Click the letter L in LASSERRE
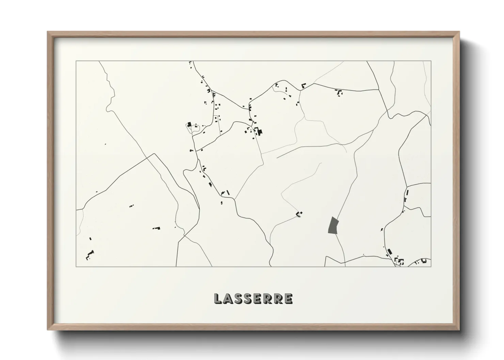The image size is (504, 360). click(218, 298)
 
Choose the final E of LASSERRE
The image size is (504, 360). click(288, 298)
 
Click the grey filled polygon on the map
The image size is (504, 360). click(332, 225)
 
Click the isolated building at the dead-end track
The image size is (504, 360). click(299, 214)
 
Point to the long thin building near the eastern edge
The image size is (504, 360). click(407, 193)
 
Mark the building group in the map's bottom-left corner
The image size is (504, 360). click(90, 254)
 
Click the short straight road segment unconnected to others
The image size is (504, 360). click(289, 153)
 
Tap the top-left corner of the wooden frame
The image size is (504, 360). click(48, 32)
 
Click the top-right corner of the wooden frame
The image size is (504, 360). click(459, 32)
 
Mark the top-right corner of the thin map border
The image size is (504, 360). click(431, 61)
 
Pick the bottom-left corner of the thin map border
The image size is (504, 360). click(76, 266)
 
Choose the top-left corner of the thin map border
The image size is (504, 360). click(76, 61)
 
